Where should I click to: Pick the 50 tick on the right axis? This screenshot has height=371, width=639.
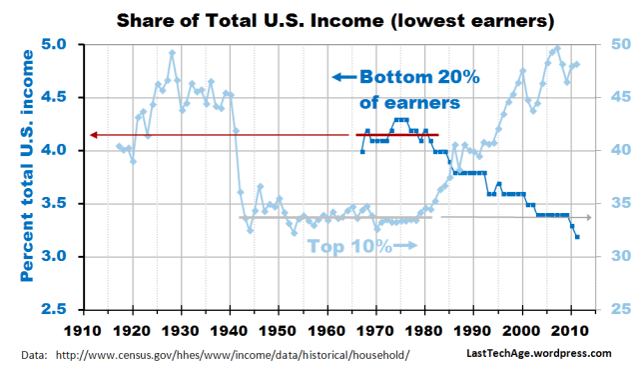[619, 45]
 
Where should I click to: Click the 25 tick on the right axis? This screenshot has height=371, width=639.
[619, 310]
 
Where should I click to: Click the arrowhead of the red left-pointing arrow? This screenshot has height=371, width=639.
[91, 135]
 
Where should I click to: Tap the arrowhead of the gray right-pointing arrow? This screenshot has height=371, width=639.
[589, 217]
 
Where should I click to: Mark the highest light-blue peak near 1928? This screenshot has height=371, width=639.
[172, 53]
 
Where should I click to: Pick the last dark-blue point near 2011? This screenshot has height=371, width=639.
[577, 237]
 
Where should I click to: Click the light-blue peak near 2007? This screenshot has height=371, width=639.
[556, 48]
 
